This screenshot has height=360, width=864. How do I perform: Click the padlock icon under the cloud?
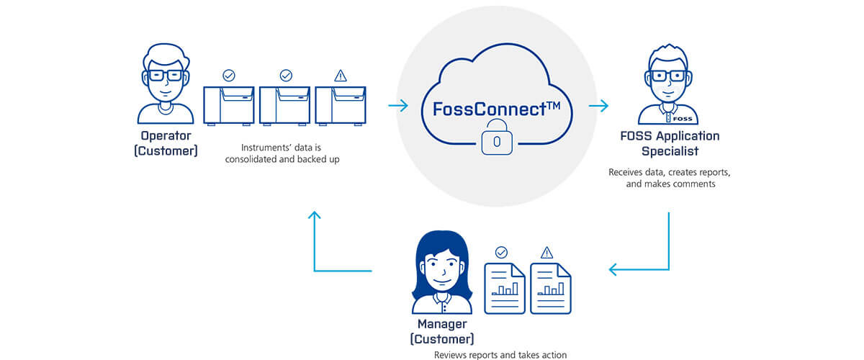(496, 141)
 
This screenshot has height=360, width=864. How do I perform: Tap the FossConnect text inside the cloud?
(496, 109)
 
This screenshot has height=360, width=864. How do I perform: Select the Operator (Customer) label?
(166, 144)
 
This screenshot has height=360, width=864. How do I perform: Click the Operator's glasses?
(166, 76)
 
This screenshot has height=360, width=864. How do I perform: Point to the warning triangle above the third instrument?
(341, 75)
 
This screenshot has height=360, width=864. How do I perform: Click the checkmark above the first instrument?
(229, 75)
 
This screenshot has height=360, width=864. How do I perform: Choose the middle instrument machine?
(284, 105)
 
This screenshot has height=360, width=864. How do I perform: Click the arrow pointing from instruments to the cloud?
(397, 107)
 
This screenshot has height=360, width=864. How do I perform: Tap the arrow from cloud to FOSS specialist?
(598, 107)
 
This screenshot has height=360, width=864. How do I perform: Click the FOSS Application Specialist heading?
(670, 143)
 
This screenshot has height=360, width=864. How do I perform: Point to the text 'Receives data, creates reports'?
(670, 173)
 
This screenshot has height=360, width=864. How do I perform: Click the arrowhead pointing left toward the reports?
(614, 270)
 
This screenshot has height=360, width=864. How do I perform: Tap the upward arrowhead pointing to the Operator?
(315, 215)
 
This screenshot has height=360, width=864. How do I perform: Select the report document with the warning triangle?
(551, 287)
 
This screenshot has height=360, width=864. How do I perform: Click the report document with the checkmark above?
(504, 287)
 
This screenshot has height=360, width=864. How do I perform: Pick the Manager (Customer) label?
(442, 331)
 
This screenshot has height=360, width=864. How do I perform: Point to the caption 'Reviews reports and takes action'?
(500, 355)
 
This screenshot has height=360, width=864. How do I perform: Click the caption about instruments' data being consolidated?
(282, 153)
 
